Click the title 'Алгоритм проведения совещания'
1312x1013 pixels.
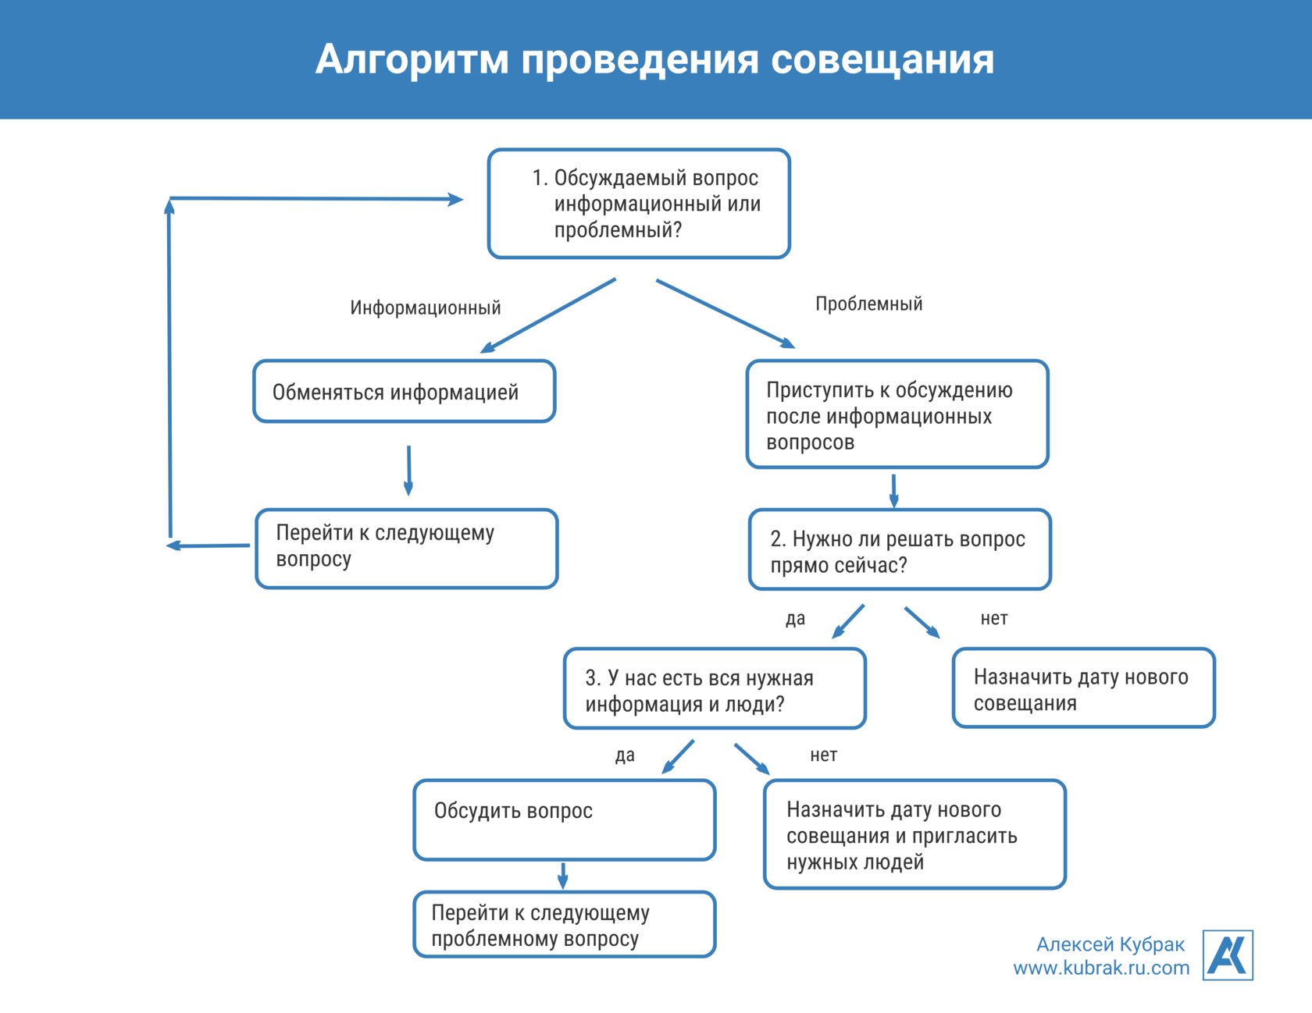[654, 59]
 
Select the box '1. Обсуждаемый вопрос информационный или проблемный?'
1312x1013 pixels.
[639, 204]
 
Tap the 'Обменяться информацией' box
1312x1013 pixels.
[404, 392]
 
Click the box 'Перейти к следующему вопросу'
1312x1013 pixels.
[406, 549]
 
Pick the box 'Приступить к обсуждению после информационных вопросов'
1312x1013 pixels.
[897, 414]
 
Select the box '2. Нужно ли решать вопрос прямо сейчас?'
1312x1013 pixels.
[900, 550]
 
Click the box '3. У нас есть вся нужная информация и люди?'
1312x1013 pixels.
[715, 689]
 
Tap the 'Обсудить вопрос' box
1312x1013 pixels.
[564, 820]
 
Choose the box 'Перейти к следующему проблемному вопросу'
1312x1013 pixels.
[564, 925]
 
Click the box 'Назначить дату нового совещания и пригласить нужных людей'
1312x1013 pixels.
[914, 834]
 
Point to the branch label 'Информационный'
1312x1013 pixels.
[425, 307]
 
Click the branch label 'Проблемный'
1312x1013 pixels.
[868, 304]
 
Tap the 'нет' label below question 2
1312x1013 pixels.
[993, 618]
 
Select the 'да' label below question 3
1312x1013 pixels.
[624, 755]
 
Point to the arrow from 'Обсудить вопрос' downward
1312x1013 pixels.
[563, 875]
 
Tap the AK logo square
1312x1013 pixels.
[1227, 954]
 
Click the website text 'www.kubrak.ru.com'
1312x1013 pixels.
[1101, 969]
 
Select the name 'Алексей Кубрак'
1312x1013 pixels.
[1110, 944]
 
